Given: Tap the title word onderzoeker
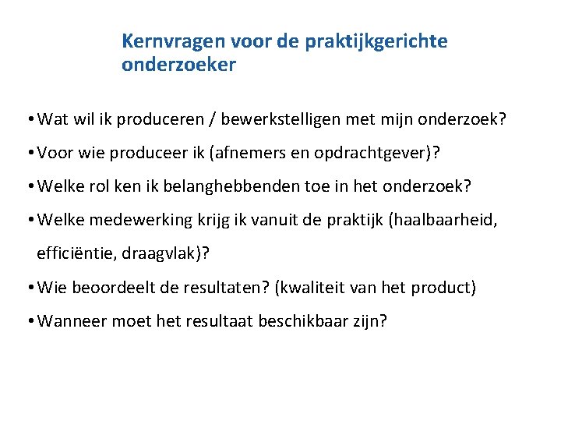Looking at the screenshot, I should pyautogui.click(x=178, y=65).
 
